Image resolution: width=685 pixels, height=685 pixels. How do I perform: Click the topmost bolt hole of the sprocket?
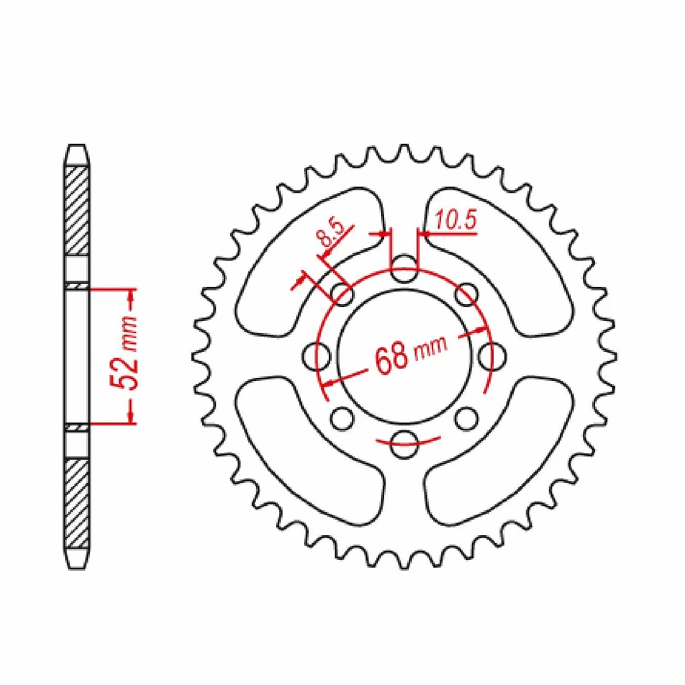(405, 269)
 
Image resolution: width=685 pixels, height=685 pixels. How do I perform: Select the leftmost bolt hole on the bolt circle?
(316, 356)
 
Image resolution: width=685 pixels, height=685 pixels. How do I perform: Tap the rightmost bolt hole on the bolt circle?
(491, 355)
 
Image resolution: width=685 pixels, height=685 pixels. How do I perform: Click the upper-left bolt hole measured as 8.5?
(344, 293)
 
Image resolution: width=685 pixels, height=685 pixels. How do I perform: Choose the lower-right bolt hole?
(465, 417)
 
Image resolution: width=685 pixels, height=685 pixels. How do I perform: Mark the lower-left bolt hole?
(343, 417)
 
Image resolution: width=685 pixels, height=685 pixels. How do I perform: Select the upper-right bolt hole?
(466, 293)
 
